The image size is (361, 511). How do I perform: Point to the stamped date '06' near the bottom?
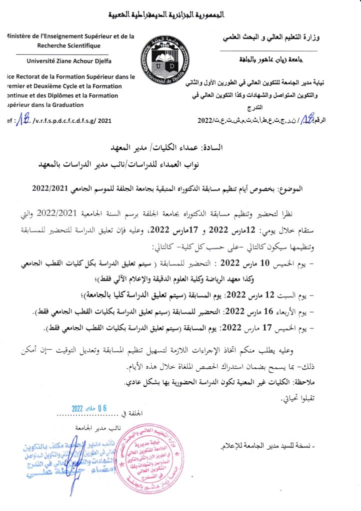[x=103, y=407]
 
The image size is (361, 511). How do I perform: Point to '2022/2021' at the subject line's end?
[x=48, y=190]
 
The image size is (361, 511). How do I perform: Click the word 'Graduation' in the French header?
[x=70, y=105]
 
